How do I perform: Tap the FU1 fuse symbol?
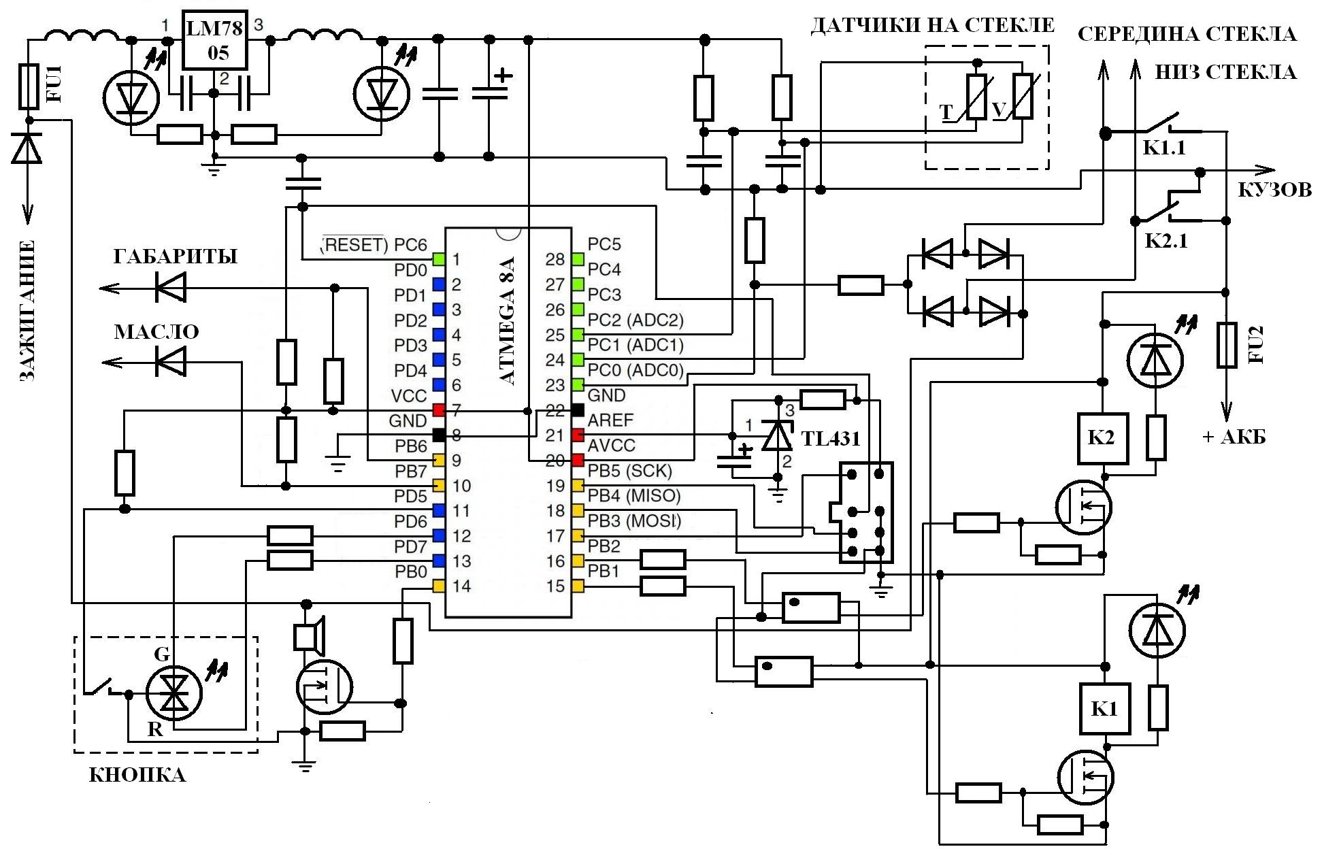click(x=29, y=86)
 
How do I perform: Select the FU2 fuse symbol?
click(x=1226, y=346)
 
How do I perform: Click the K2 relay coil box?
click(x=1102, y=437)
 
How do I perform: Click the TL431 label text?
click(x=831, y=439)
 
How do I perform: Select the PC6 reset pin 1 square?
click(x=439, y=259)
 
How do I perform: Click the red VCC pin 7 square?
click(x=439, y=410)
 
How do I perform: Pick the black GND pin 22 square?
click(x=578, y=410)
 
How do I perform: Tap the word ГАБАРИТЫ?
click(x=176, y=256)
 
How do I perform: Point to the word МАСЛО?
click(x=156, y=332)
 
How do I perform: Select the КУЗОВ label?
click(x=1274, y=190)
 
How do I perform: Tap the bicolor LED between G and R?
click(x=176, y=695)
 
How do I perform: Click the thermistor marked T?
click(x=976, y=97)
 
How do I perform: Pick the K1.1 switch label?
click(x=1164, y=148)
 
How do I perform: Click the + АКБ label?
click(x=1234, y=437)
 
